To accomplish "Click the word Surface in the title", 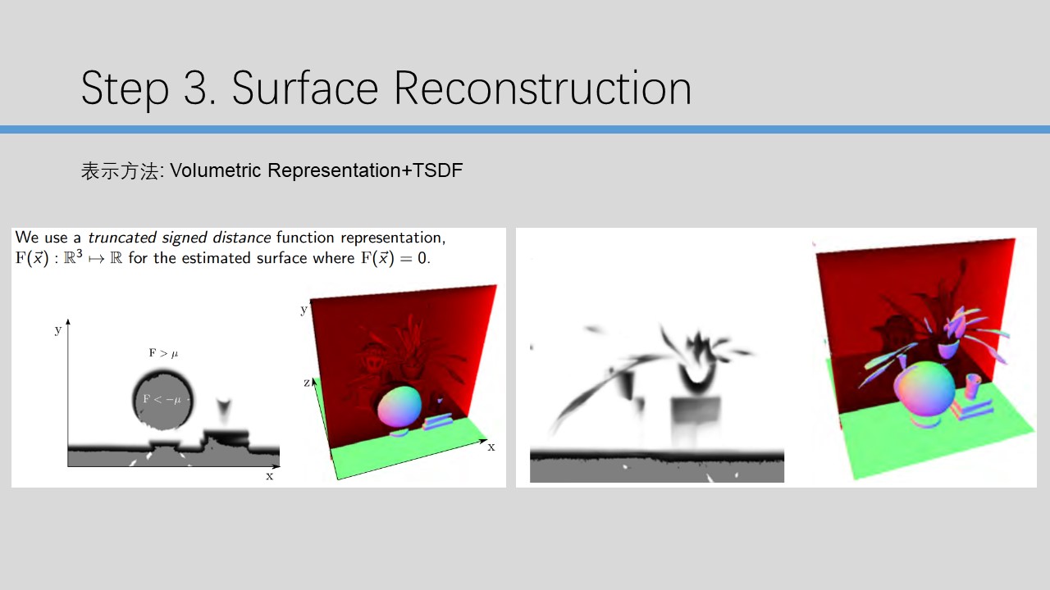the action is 304,88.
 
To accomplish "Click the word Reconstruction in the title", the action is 543,88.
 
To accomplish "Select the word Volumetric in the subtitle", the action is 215,170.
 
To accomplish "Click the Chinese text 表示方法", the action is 120,171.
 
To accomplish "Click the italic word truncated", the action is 122,238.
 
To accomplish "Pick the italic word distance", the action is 241,238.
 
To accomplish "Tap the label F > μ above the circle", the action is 163,353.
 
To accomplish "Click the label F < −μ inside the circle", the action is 162,399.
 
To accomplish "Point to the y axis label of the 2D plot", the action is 57,330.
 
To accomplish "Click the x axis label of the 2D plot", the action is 269,476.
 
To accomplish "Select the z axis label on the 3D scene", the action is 307,383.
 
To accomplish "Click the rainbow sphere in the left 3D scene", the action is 399,406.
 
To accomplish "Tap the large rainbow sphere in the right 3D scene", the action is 924,388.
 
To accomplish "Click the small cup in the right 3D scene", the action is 972,386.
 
